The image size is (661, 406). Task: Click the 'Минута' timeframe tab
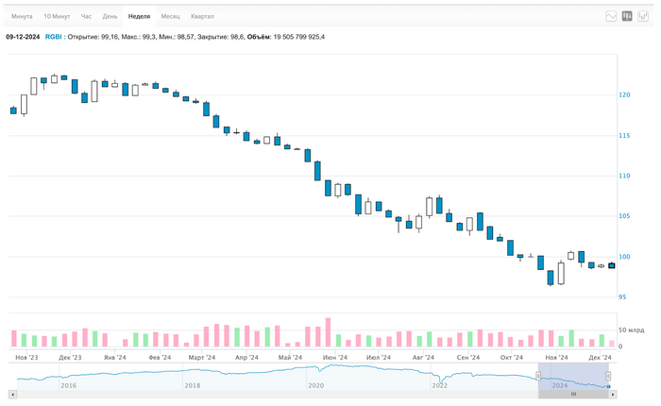22,16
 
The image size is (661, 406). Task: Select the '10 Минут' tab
58,16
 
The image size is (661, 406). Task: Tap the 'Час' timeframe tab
87,16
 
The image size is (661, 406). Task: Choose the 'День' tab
110,16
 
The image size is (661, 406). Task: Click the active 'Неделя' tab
139,16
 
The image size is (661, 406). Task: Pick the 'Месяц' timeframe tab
171,16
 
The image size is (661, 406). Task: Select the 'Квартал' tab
202,16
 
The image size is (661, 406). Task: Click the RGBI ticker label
54,37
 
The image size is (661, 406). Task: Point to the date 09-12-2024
22,37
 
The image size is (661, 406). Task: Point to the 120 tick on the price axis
624,95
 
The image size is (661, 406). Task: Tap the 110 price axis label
624,177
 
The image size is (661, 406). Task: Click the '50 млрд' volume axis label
629,330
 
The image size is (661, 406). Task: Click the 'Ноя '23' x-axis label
27,358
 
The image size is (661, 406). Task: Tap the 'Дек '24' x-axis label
601,358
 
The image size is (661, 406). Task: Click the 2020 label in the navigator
315,385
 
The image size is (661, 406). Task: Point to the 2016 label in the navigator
68,385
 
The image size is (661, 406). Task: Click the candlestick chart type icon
627,16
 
